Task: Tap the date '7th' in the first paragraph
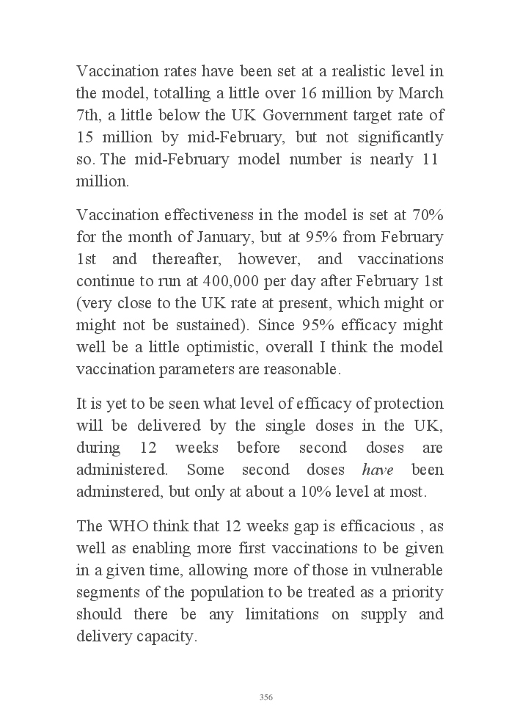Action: coord(90,116)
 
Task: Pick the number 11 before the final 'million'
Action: coord(431,160)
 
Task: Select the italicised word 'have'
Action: coord(378,470)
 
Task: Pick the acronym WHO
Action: coord(128,525)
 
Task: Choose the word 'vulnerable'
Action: coord(407,570)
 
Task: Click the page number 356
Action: coord(266,697)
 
